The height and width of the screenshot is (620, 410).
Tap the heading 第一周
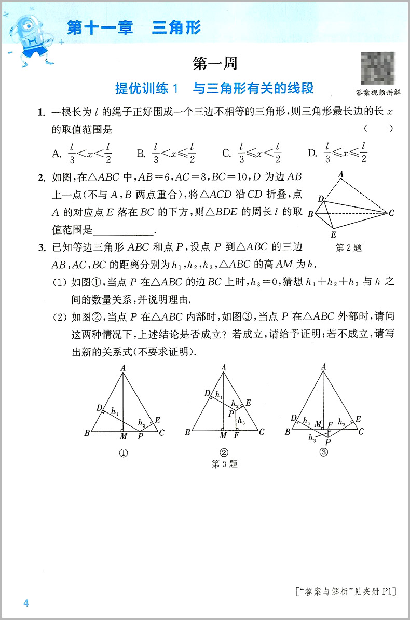point(215,64)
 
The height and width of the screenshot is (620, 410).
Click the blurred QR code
point(376,68)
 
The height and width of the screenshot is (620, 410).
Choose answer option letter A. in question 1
point(57,153)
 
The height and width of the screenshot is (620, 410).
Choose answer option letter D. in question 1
point(312,153)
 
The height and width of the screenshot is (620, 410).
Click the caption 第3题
point(225,464)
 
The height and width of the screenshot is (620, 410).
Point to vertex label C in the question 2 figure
point(391,212)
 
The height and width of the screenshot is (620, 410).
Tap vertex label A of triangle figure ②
point(224,368)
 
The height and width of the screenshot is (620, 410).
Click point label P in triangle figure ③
point(326,443)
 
